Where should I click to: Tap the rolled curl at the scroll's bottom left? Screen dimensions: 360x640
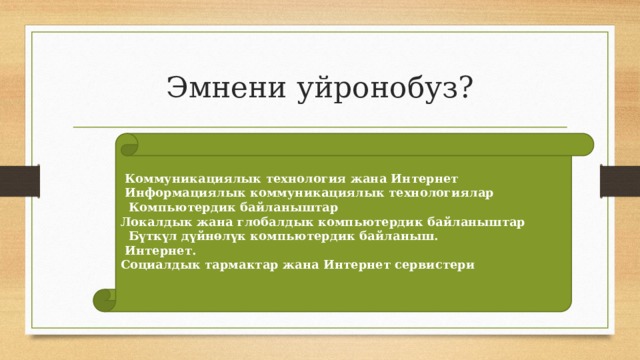pos(108,297)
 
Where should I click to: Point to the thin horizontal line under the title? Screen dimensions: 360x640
pos(320,127)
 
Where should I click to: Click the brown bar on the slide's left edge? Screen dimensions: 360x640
pos(8,180)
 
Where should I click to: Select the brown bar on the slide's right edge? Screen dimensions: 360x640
pos(632,180)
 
